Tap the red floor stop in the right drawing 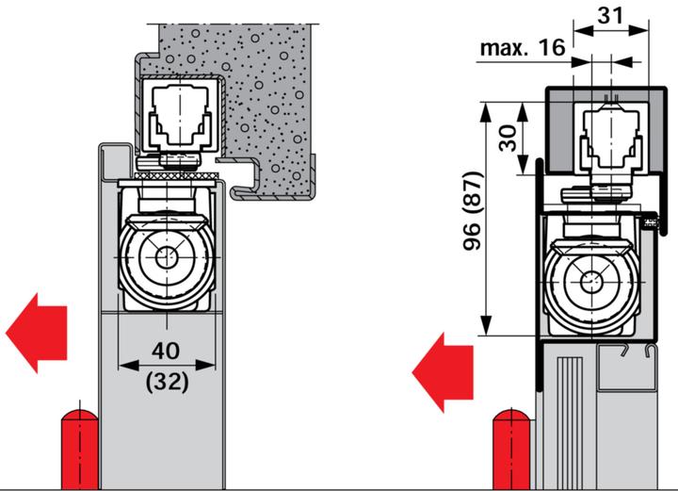pyautogui.click(x=508, y=447)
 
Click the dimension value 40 pyautogui.click(x=166, y=350)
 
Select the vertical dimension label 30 pyautogui.click(x=508, y=139)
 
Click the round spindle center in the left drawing pyautogui.click(x=167, y=258)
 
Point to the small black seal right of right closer pyautogui.click(x=649, y=223)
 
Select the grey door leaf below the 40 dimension pyautogui.click(x=160, y=424)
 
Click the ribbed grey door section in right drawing pyautogui.click(x=565, y=415)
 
